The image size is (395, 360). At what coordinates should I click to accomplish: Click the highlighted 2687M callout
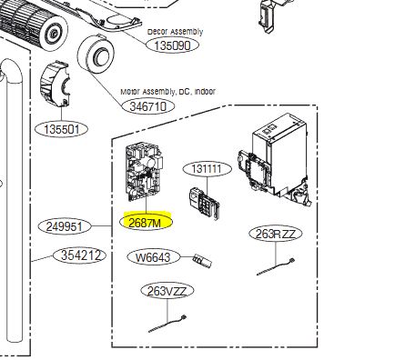coord(147,222)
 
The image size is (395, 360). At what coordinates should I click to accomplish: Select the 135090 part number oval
coord(172,45)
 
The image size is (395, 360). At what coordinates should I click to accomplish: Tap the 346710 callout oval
coord(148,106)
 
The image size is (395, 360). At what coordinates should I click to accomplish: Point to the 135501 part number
coord(62,129)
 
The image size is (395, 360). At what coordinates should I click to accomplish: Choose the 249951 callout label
coord(65,226)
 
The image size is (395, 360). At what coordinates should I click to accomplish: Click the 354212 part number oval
coord(80,255)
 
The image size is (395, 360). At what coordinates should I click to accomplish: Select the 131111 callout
coord(208,168)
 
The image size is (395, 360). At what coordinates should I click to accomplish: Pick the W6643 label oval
coord(153,257)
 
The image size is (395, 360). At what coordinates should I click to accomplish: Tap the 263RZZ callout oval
coord(276,234)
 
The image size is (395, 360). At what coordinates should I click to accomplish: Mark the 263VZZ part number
coord(167,291)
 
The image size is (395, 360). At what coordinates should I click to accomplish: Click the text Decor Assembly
coord(176,32)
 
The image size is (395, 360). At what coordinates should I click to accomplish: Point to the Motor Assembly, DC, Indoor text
coord(168,92)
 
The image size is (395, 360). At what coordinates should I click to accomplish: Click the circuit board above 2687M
coord(145,173)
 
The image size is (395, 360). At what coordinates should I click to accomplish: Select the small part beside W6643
coord(202,260)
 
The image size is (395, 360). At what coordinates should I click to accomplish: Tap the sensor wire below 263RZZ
coord(276,266)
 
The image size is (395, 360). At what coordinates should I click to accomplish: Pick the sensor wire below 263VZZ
coord(167,324)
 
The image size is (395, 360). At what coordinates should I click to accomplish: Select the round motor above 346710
coord(96,55)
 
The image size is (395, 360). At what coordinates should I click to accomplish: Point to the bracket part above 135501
coord(56,85)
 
